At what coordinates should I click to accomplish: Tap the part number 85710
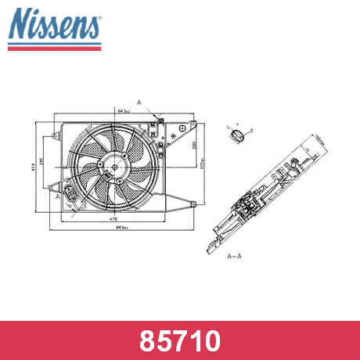(179, 340)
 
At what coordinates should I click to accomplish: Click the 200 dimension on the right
(194, 146)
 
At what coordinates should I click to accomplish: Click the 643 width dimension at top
(123, 113)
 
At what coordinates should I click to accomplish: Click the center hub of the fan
(114, 166)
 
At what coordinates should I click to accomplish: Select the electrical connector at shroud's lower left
(72, 193)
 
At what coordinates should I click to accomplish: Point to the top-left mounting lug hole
(55, 135)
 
